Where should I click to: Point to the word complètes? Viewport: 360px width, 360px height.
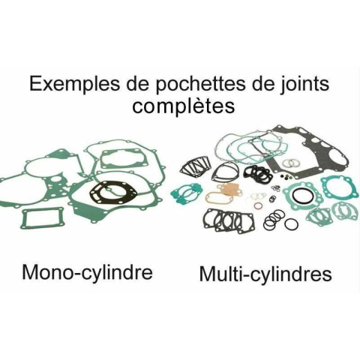(x=183, y=106)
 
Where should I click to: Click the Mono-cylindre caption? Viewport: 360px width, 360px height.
(x=87, y=272)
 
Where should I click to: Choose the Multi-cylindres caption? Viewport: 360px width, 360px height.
(x=265, y=274)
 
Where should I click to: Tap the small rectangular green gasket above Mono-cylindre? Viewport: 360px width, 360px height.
(x=43, y=218)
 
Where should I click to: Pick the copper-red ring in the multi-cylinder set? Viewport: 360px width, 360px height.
(x=258, y=206)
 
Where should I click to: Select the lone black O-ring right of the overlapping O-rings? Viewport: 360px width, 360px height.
(x=292, y=224)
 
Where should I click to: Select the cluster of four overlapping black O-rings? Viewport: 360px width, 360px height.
(x=274, y=220)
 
